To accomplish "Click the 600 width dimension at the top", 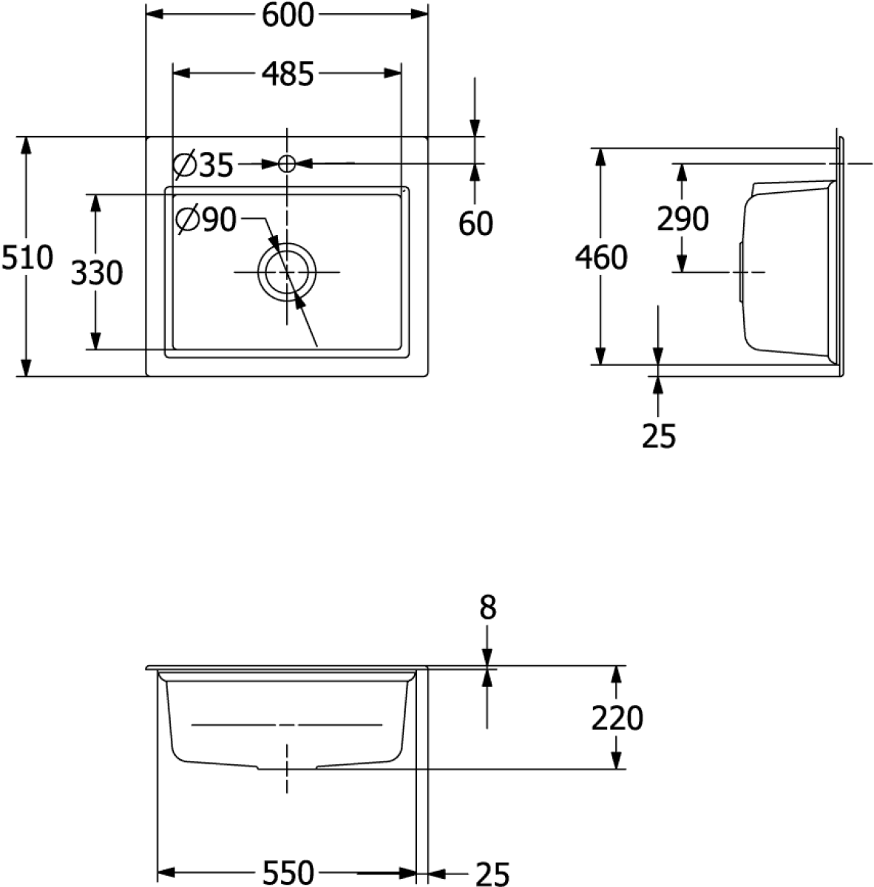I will pos(288,14).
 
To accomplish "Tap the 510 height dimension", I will pos(27,257).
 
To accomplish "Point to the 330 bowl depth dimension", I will pos(96,273).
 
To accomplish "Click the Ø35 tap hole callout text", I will pos(203,165).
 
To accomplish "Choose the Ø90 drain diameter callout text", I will pos(206,220).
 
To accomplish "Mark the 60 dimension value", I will pos(475,222).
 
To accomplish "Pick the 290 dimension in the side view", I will pos(682,218).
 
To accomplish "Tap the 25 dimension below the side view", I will pos(660,436).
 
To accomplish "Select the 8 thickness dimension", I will pos(487,608).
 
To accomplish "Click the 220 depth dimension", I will pos(617,717).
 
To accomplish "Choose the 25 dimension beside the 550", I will pos(492,872).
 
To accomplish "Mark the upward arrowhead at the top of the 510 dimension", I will pos(27,145).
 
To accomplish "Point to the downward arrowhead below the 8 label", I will pos(487,657).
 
